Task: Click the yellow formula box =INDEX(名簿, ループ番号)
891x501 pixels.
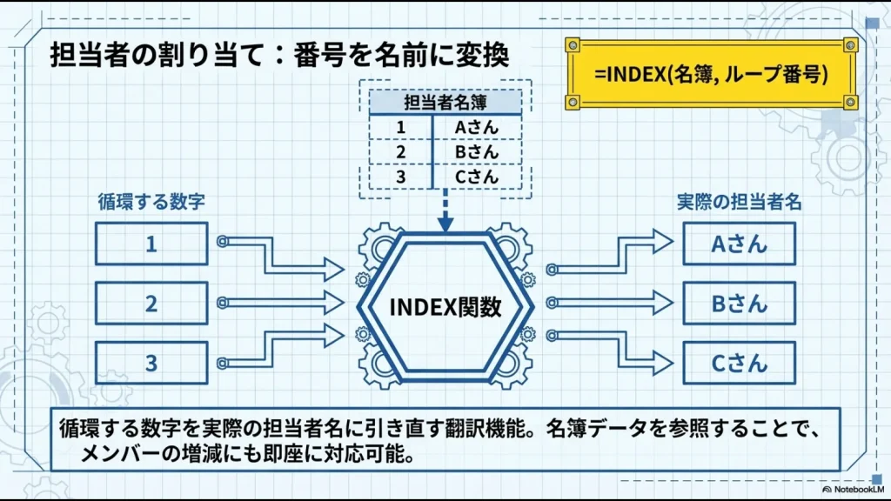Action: [x=710, y=74]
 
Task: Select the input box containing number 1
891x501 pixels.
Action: [x=151, y=244]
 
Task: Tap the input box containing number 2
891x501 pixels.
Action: [x=151, y=304]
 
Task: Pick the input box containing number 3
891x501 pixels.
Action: [x=151, y=363]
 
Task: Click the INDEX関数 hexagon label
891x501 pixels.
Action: [x=445, y=307]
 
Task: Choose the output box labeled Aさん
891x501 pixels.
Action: [x=739, y=244]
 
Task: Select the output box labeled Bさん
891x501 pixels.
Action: [x=739, y=304]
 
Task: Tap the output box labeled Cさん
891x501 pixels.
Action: [x=739, y=363]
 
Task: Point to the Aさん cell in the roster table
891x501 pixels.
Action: [x=477, y=128]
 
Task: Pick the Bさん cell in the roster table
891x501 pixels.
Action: [x=477, y=152]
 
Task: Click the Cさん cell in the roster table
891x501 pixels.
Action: [x=477, y=177]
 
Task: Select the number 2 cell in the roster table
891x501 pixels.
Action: [x=401, y=152]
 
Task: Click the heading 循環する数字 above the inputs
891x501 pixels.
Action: [x=151, y=203]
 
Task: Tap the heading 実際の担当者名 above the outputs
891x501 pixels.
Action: [x=739, y=203]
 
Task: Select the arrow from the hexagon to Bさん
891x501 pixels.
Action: [x=609, y=303]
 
